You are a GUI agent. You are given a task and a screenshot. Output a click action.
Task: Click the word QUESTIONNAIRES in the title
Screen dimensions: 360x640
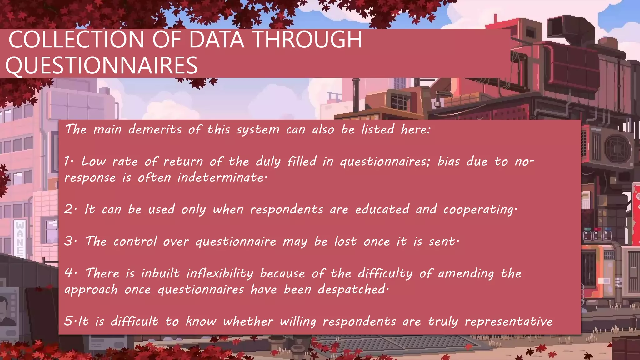[x=102, y=65]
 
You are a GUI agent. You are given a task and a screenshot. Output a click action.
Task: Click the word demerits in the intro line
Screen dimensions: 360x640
[x=155, y=129]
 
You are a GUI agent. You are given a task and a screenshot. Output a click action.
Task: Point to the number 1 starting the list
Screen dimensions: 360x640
[x=68, y=161]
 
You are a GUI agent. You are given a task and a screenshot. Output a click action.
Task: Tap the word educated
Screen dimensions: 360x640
[x=382, y=209]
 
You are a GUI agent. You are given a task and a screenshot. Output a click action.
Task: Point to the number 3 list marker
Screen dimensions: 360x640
[x=69, y=241]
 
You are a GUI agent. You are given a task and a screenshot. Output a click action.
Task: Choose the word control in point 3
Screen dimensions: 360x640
[x=135, y=241]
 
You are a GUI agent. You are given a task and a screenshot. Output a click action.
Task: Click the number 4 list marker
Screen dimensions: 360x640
[x=69, y=273]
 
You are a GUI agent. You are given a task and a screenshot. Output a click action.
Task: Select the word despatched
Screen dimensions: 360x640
[x=352, y=289]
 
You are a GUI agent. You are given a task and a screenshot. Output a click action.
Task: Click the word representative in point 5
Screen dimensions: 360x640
[x=509, y=321]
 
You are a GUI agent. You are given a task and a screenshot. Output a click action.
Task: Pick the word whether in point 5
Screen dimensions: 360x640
[x=248, y=321]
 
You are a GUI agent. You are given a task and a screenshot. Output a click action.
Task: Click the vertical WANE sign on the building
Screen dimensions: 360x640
[x=20, y=237]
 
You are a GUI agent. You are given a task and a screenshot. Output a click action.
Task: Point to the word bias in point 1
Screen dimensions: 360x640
[x=448, y=161]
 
